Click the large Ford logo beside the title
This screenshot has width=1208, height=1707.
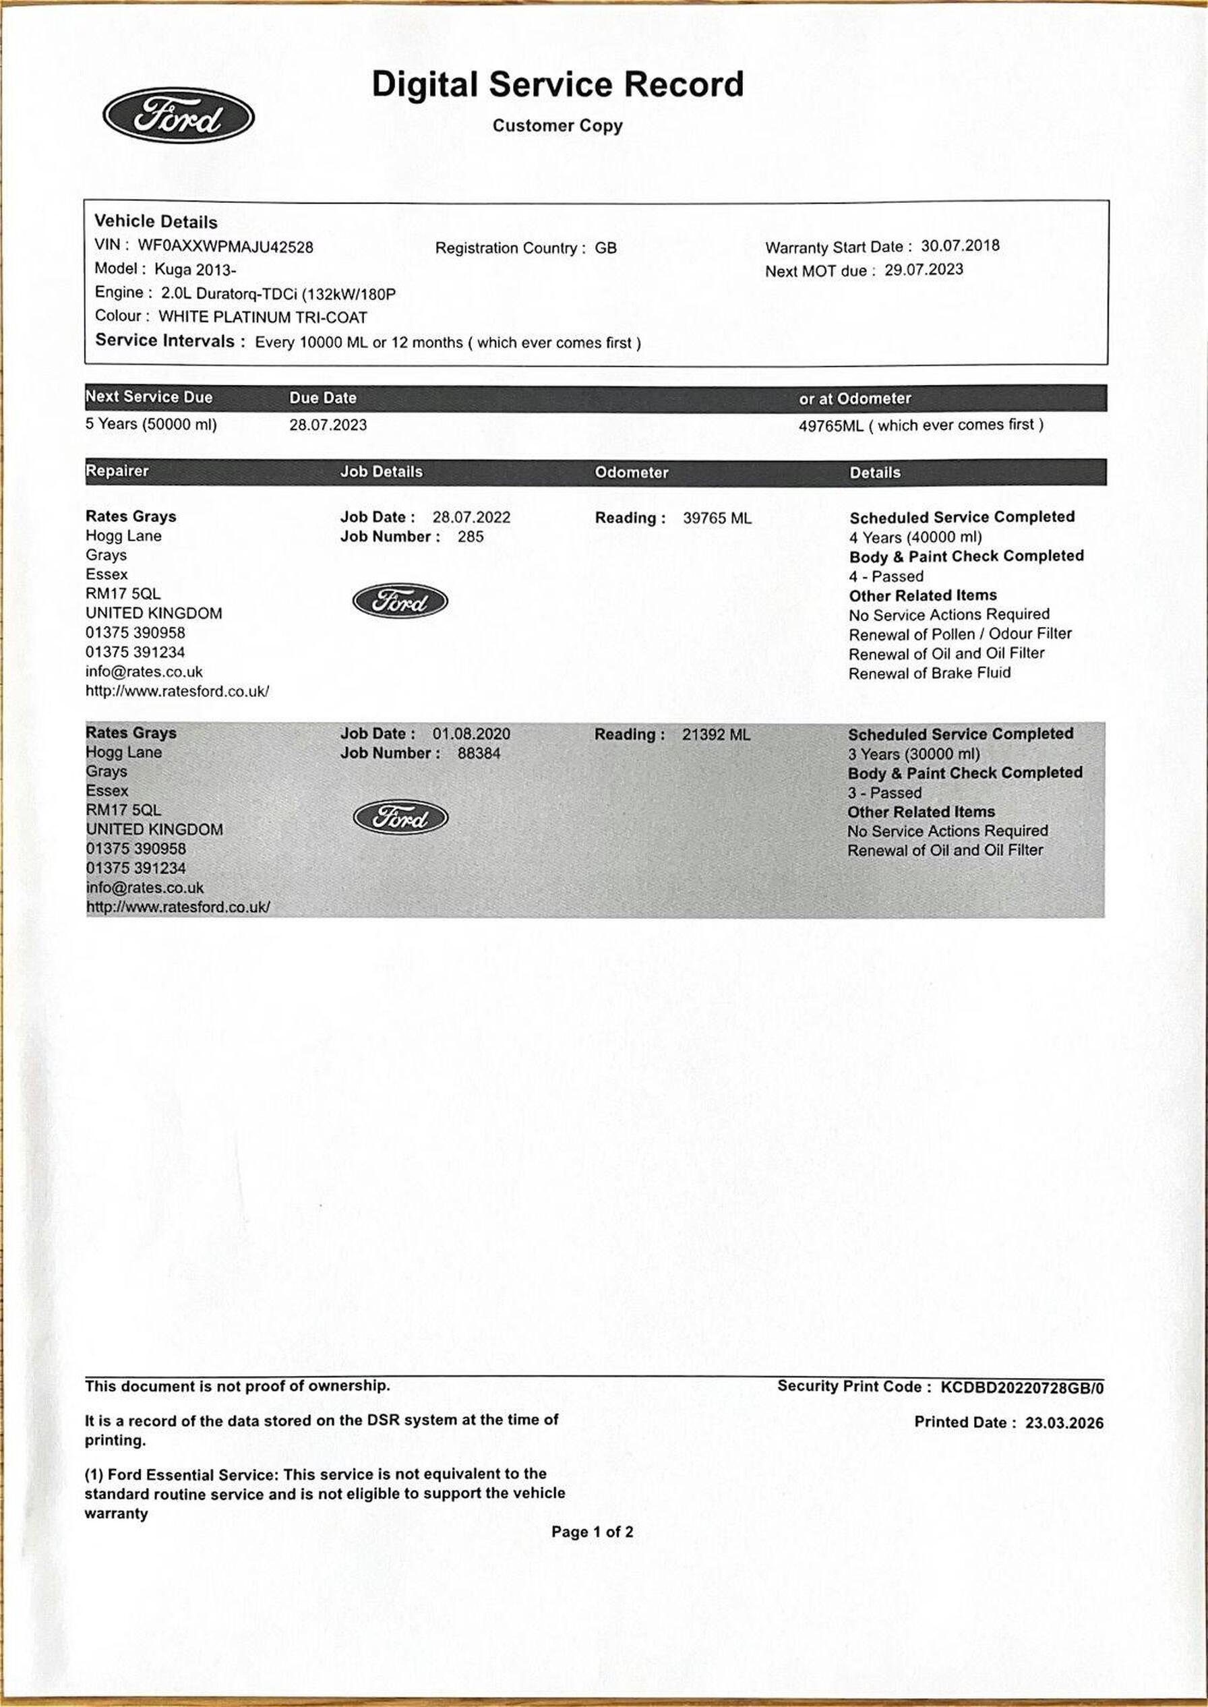tap(178, 116)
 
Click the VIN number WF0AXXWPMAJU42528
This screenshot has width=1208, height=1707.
tap(225, 246)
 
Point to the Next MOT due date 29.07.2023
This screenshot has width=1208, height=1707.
tap(923, 269)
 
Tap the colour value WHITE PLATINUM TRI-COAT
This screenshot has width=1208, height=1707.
tap(263, 317)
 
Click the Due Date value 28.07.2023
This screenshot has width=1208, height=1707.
tap(328, 425)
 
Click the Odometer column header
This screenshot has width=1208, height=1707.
tap(631, 473)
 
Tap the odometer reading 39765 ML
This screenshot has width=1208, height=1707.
tap(717, 518)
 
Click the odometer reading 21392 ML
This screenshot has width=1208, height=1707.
tap(716, 735)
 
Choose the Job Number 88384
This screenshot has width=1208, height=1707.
tap(479, 753)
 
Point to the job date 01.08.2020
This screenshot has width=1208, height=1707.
tap(471, 734)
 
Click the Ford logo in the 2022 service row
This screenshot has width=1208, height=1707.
tap(400, 600)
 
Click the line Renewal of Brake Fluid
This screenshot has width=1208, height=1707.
tap(929, 672)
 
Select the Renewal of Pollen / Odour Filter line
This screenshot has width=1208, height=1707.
tap(959, 634)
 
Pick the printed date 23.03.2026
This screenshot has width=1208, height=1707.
tap(1064, 1423)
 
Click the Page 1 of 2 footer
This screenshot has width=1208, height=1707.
tap(592, 1532)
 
